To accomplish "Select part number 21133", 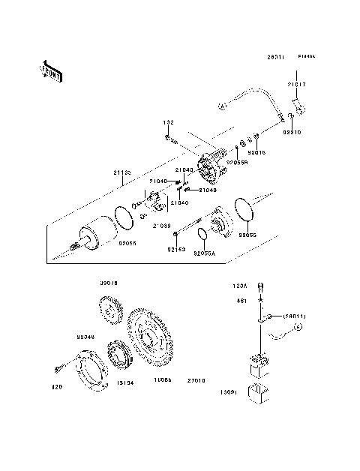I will tap(123, 172).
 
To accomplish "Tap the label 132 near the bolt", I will tap(169, 122).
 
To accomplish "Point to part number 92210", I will tap(292, 132).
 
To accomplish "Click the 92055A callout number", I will tap(204, 253).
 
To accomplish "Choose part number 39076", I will tap(110, 283).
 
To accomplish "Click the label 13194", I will tap(124, 381).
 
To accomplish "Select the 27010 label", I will tap(196, 381).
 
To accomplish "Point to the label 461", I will tap(242, 300).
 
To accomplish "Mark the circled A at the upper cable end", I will tap(222, 107).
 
